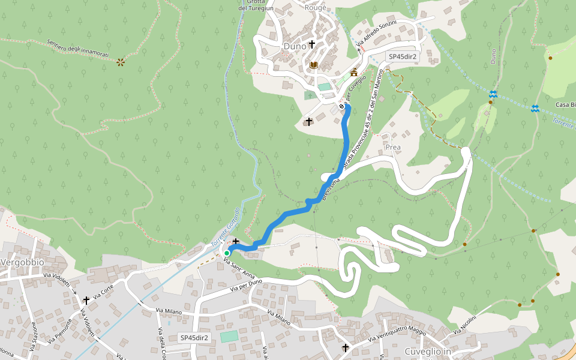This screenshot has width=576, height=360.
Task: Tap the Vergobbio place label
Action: click(23, 263)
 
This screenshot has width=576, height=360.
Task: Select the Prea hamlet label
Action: click(393, 147)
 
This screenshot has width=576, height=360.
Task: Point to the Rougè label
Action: click(315, 8)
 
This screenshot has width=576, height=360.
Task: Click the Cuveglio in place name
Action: click(428, 351)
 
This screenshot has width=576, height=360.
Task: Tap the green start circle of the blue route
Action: click(227, 253)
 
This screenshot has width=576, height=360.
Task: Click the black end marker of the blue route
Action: click(342, 106)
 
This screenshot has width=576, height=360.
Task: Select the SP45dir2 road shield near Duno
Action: click(403, 56)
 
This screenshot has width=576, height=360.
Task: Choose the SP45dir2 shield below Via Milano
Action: click(194, 338)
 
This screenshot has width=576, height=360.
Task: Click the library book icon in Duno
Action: click(313, 65)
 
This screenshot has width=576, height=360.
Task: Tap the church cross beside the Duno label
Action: click(312, 44)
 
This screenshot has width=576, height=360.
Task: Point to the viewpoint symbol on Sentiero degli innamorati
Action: click(121, 62)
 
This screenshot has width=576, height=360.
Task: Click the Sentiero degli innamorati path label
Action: click(77, 50)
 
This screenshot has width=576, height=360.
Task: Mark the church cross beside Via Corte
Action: click(86, 300)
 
